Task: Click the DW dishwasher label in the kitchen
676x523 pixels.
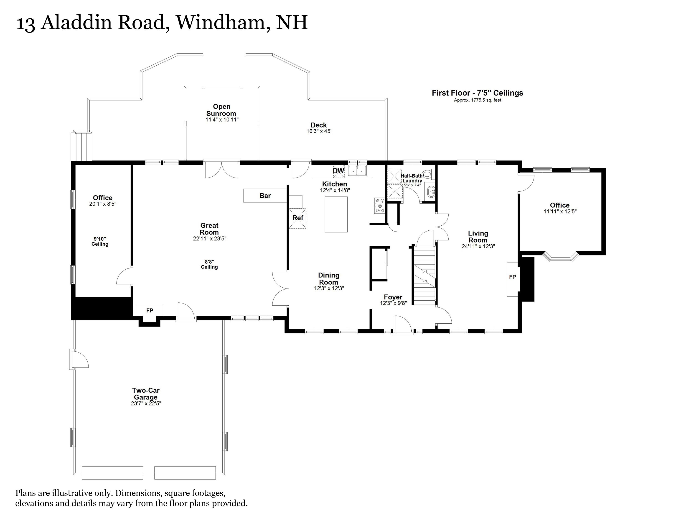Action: click(338, 171)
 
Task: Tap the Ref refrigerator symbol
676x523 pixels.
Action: click(298, 218)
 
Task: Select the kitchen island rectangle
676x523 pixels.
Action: click(336, 214)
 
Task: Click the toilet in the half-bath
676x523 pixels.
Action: click(427, 174)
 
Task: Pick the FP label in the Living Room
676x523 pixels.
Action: click(512, 277)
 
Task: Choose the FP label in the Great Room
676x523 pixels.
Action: click(150, 310)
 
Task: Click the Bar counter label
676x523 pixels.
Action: click(265, 196)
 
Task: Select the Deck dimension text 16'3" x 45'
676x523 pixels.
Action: click(319, 131)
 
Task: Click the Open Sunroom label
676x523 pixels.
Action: click(221, 110)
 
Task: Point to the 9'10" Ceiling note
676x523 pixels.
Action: click(100, 242)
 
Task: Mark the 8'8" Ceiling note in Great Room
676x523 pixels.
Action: click(209, 264)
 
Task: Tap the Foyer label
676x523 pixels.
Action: click(393, 297)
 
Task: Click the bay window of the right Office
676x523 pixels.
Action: click(561, 257)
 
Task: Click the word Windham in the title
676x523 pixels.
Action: click(223, 22)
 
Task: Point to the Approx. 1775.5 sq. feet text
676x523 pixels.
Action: click(477, 100)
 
